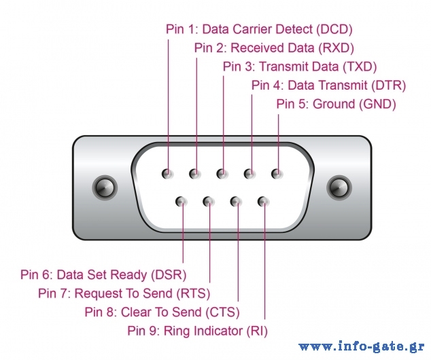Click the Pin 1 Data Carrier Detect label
click(x=259, y=29)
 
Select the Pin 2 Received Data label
click(x=274, y=48)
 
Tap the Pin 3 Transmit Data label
click(x=300, y=67)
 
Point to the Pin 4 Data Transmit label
click(x=328, y=86)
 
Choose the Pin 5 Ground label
click(x=336, y=104)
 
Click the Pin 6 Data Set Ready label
click(x=103, y=275)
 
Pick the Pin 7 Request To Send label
click(x=124, y=293)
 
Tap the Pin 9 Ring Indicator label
click(x=197, y=331)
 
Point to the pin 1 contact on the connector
click(x=167, y=174)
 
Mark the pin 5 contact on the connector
click(x=277, y=174)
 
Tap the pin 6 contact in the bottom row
click(x=182, y=201)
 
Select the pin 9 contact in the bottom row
click(x=264, y=201)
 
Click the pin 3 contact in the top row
click(x=222, y=174)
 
